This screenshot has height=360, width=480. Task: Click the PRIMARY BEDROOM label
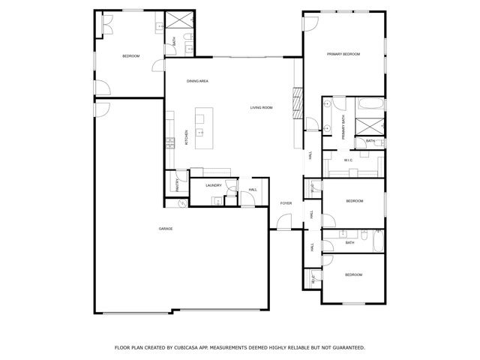343,54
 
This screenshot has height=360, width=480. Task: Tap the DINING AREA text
197,80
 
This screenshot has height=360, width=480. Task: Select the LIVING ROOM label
261,108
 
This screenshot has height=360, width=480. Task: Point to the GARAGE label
165,229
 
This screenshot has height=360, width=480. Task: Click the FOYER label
286,203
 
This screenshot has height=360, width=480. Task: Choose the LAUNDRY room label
214,184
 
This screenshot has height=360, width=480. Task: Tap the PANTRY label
177,184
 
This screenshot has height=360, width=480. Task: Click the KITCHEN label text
186,139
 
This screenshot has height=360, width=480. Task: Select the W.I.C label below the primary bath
349,160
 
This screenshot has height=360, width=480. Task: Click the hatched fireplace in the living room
296,97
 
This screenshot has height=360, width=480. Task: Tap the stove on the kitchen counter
171,140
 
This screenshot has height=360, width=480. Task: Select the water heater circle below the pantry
181,202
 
